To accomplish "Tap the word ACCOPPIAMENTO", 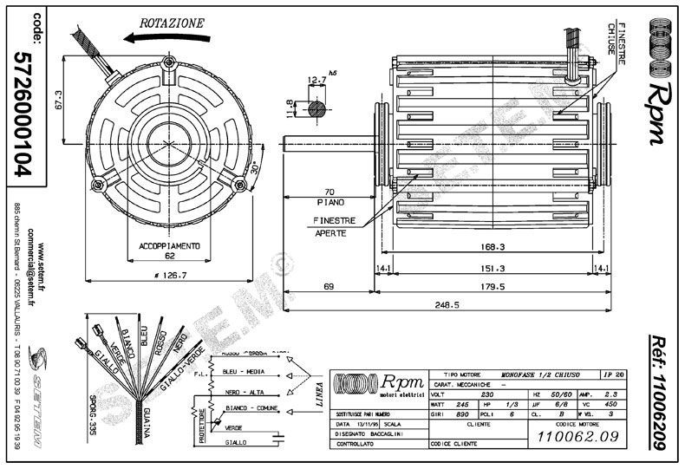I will point(170,246).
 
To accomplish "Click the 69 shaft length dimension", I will point(329,284).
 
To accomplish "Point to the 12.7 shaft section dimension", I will point(316,80).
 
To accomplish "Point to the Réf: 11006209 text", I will point(661,394).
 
